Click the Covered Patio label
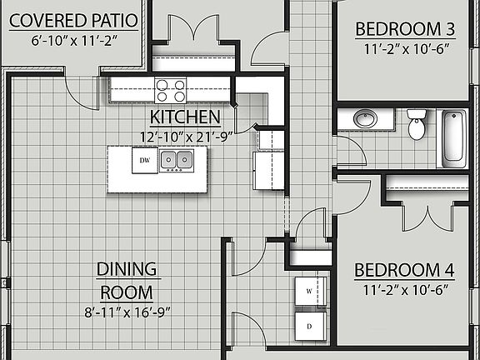[x=74, y=20]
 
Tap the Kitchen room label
[x=184, y=117]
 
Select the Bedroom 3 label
[x=405, y=30]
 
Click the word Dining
[x=127, y=269]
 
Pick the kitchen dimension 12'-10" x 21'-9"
[x=185, y=135]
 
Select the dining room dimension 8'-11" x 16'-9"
[x=127, y=313]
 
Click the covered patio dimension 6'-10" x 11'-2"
[x=74, y=40]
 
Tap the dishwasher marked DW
[x=145, y=160]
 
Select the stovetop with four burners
[x=171, y=89]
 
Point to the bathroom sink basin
[x=365, y=119]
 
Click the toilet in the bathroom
[x=417, y=126]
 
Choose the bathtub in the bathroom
[x=453, y=137]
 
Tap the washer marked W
[x=309, y=292]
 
